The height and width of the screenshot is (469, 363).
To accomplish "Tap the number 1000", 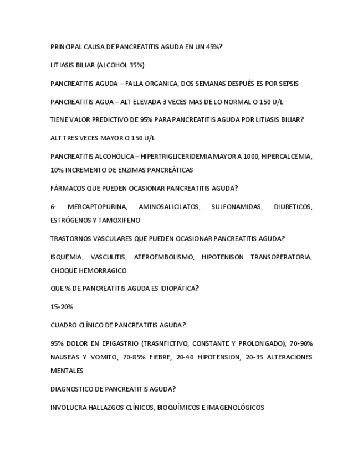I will [x=251, y=157].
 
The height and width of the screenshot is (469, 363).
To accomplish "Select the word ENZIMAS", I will [x=122, y=170].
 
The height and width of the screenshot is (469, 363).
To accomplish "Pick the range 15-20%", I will [x=62, y=307].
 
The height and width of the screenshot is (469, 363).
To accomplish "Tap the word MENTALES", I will [x=67, y=371].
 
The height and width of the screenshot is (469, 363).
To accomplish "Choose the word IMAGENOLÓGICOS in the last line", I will [x=236, y=408].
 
